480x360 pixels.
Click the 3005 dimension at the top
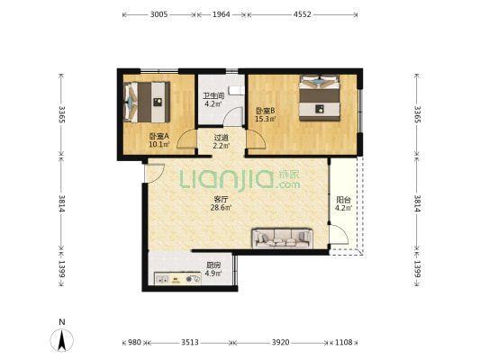tap(158, 14)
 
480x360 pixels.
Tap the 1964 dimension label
tap(221, 14)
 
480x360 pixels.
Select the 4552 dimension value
tap(303, 14)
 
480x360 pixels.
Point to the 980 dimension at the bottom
tap(134, 342)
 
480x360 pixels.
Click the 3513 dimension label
tap(190, 342)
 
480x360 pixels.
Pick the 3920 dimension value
tap(280, 342)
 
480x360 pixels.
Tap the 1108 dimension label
tap(343, 342)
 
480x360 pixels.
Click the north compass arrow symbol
tap(62, 340)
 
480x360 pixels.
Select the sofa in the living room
tap(282, 238)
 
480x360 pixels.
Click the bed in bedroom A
tap(147, 102)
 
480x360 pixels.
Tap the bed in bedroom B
tap(320, 98)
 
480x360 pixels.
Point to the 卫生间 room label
tap(213, 95)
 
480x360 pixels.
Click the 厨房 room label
tap(213, 265)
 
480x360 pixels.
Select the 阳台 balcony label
tap(343, 200)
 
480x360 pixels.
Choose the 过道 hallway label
tap(221, 138)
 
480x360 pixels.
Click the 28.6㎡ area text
tap(221, 208)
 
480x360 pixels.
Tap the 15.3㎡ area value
tap(266, 119)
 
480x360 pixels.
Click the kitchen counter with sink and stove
tap(177, 278)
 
